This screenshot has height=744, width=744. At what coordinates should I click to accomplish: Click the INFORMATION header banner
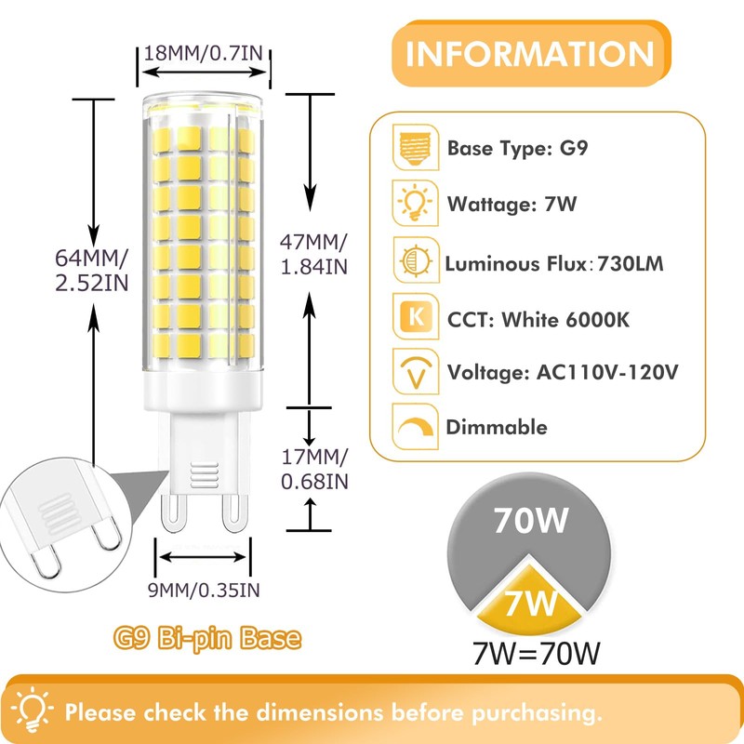(531, 55)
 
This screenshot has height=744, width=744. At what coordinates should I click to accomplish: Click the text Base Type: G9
(516, 148)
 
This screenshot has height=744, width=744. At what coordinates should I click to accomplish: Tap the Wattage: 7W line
(511, 204)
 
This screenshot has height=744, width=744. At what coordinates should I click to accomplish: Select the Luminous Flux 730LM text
(555, 264)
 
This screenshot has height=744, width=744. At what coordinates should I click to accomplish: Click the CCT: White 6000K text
(538, 320)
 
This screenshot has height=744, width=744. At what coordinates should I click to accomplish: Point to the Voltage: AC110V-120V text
(563, 373)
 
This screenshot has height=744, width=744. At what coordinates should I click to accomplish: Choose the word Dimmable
(496, 428)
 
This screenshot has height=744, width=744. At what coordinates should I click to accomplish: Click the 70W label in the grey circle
(531, 522)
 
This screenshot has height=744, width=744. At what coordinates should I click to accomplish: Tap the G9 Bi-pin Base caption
(207, 639)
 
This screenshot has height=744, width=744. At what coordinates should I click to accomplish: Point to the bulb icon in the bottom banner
(33, 710)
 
